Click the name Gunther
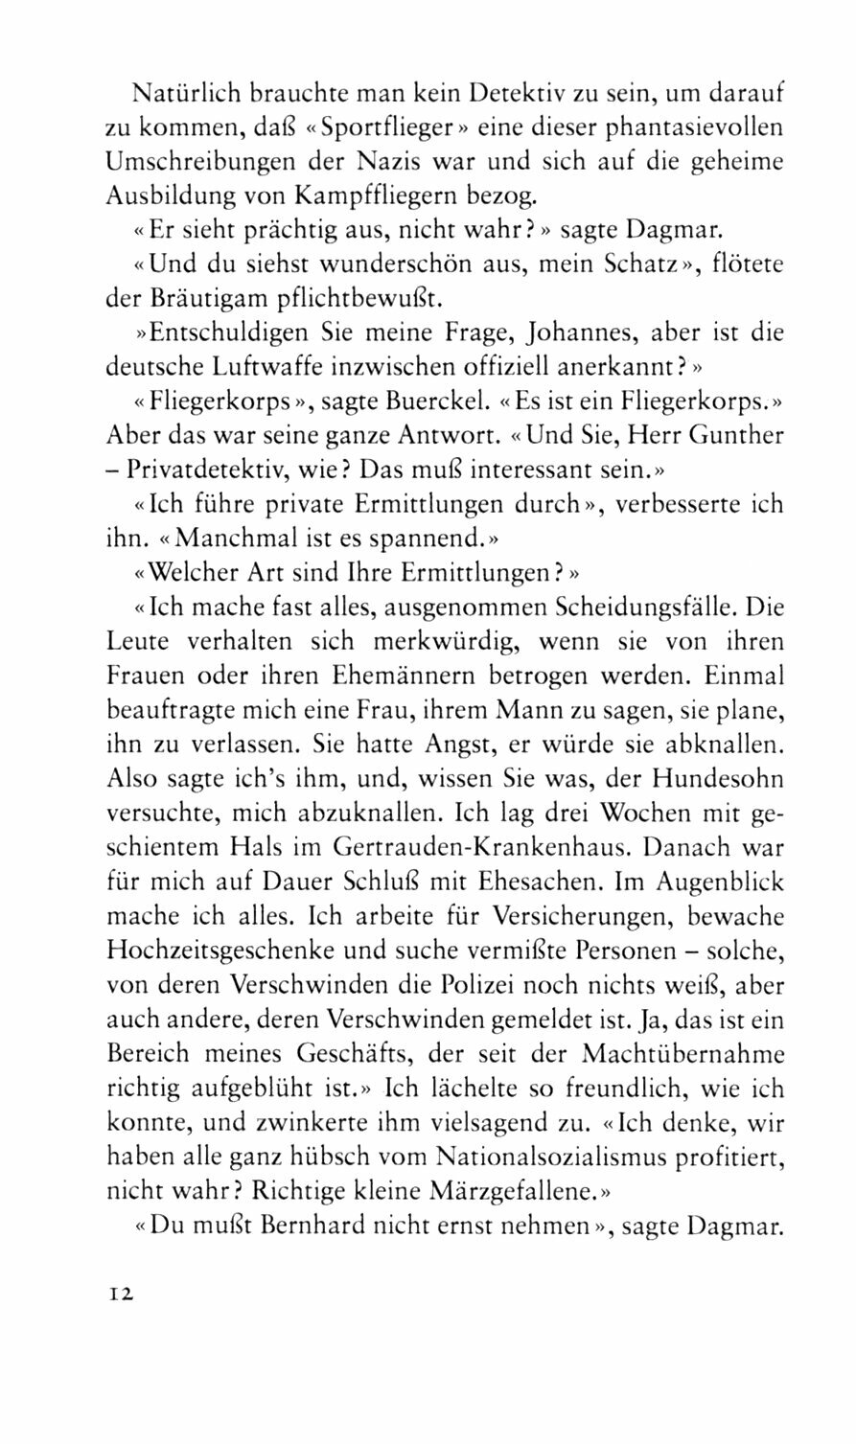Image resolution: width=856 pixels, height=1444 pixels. pyautogui.click(x=736, y=434)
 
